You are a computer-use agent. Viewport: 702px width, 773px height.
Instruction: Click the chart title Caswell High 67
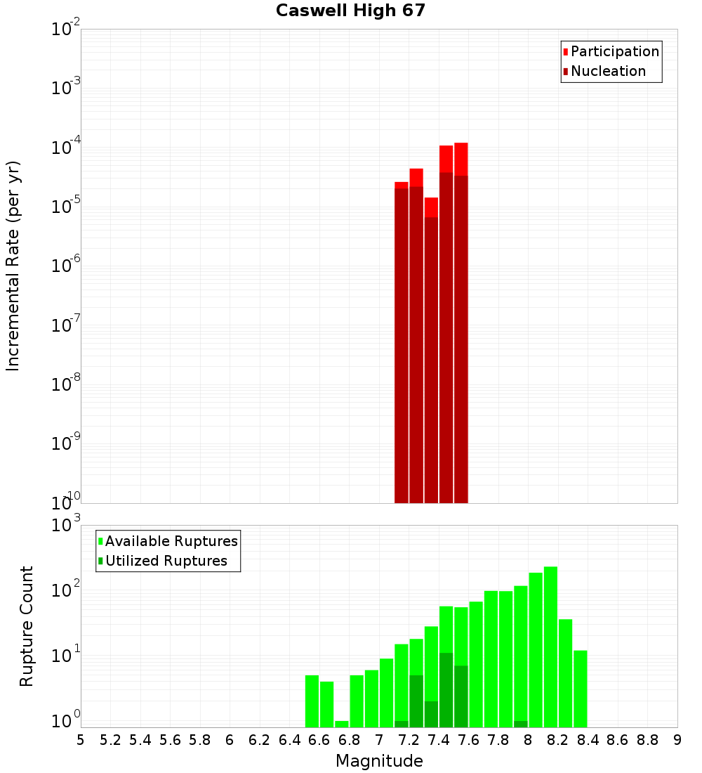click(x=350, y=11)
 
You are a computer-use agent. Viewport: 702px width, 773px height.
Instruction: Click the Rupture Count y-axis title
click(x=27, y=625)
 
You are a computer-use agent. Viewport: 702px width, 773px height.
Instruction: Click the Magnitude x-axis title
click(x=379, y=761)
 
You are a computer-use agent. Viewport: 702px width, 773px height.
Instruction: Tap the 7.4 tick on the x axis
click(x=439, y=740)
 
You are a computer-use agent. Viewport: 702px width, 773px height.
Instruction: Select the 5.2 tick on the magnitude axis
click(x=110, y=740)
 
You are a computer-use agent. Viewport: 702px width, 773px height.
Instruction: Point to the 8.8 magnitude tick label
click(x=647, y=740)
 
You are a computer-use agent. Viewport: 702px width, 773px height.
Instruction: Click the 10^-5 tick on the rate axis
click(x=66, y=207)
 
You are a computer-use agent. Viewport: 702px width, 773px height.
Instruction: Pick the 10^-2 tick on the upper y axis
click(x=66, y=30)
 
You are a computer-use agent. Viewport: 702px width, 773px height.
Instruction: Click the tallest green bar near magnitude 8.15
click(x=550, y=647)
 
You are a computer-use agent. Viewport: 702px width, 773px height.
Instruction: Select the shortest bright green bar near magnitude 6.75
click(x=342, y=724)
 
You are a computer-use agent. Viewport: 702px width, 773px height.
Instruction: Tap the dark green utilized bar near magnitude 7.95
click(x=521, y=724)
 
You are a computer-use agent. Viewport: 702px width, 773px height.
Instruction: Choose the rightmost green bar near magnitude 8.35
click(x=581, y=689)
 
